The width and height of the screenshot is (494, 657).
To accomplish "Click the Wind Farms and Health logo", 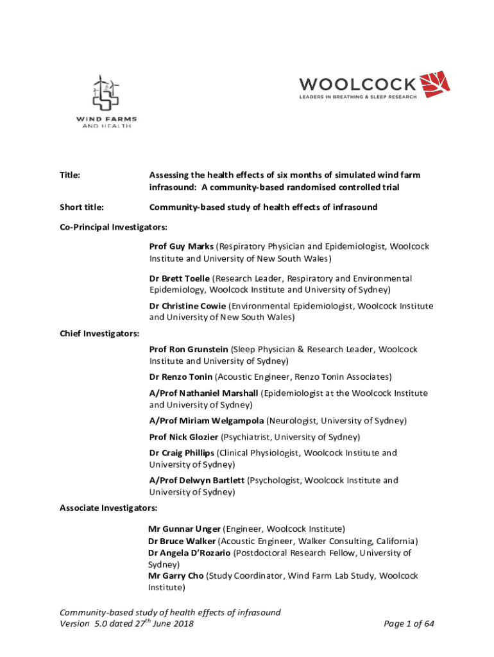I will click(106, 101).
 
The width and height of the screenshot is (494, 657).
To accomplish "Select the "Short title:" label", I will click(82, 207).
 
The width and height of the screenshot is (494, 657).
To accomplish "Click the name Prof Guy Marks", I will click(182, 246).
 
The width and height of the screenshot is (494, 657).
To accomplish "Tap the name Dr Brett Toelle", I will click(179, 278).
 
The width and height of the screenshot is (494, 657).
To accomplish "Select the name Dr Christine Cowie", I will click(187, 306).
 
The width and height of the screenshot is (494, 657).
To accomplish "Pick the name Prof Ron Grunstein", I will click(189, 349).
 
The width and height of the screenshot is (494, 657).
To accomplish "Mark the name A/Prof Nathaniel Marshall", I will click(203, 393).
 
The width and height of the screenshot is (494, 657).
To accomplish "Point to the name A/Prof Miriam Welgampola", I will click(206, 420).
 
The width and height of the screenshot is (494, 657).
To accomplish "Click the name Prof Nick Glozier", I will click(183, 437).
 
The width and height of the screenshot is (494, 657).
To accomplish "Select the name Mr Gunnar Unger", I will click(184, 529).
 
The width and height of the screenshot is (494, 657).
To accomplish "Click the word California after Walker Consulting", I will click(397, 541).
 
